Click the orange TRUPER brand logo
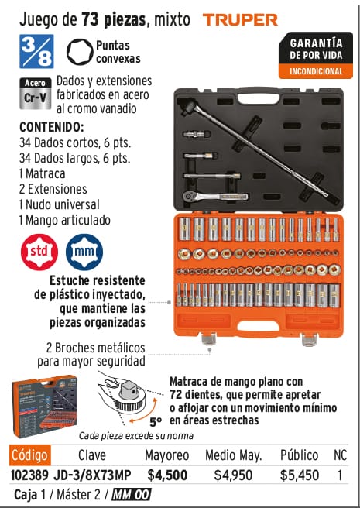tap(240, 20)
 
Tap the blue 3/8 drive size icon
tap(36, 51)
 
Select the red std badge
tap(39, 252)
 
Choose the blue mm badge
tap(84, 252)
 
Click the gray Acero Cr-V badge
tap(36, 93)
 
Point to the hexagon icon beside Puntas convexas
tap(80, 52)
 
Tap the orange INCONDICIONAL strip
tap(316, 71)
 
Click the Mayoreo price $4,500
tap(167, 475)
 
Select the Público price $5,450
tap(300, 475)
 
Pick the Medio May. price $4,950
tap(233, 475)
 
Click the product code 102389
tap(29, 475)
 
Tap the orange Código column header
tap(30, 455)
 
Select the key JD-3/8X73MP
tap(92, 475)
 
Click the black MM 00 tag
tap(132, 495)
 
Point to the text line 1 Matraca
tap(42, 173)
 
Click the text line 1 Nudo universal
tap(60, 204)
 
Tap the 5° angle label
tap(156, 422)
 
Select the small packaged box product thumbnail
tap(44, 407)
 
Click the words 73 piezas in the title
tap(113, 20)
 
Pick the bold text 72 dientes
tap(195, 395)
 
